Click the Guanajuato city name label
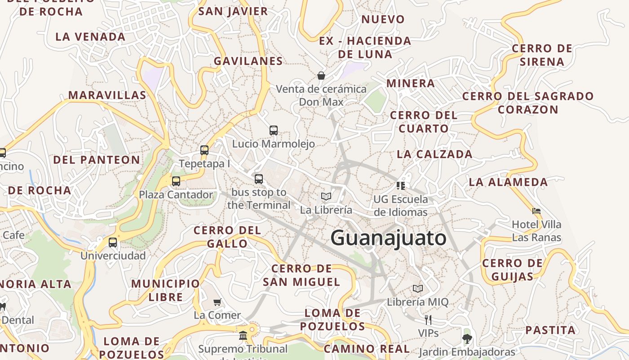pyautogui.click(x=388, y=238)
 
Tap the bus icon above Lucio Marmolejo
pyautogui.click(x=274, y=130)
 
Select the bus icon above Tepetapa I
pyautogui.click(x=204, y=150)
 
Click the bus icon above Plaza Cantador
pyautogui.click(x=176, y=181)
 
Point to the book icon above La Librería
pyautogui.click(x=326, y=196)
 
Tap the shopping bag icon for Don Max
pyautogui.click(x=321, y=76)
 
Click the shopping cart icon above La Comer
pyautogui.click(x=217, y=302)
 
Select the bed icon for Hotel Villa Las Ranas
pyautogui.click(x=536, y=211)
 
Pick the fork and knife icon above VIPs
pyautogui.click(x=428, y=319)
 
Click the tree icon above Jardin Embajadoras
pyautogui.click(x=467, y=338)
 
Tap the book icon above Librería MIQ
pyautogui.click(x=418, y=288)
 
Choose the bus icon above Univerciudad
pyautogui.click(x=113, y=243)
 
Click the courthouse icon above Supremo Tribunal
pyautogui.click(x=243, y=335)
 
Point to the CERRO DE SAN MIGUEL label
pyautogui.click(x=301, y=275)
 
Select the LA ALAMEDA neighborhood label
pyautogui.click(x=508, y=182)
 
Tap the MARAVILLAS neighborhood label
pyautogui.click(x=107, y=95)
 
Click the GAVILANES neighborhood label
pyautogui.click(x=248, y=61)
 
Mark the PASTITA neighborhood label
pyautogui.click(x=550, y=330)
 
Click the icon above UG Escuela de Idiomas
pyautogui.click(x=401, y=185)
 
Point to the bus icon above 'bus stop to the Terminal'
pyautogui.click(x=259, y=179)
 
